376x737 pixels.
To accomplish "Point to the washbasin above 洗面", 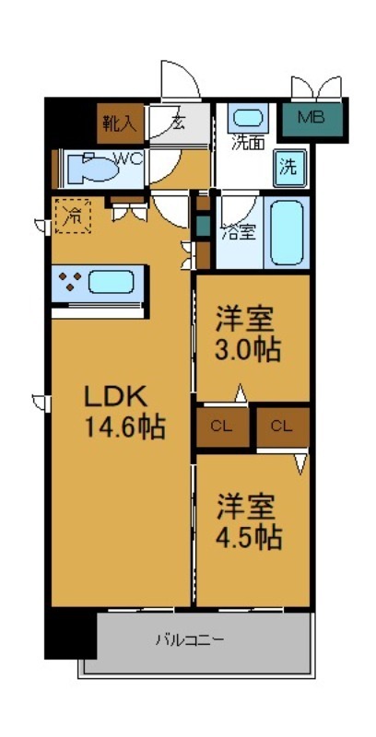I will coord(245,119).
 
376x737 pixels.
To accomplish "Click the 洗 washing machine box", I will coord(288,168).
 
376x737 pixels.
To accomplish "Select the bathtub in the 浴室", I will coord(288,231).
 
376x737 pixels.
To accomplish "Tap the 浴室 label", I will coord(238,231).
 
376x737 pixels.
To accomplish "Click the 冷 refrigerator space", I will coord(71,216).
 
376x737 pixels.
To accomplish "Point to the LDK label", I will coord(112,396).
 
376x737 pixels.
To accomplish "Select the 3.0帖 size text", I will coord(248,351).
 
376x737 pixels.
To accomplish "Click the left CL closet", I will coord(220,426).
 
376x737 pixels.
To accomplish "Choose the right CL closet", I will coord(282,426).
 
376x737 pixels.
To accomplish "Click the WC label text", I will coord(128,158).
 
